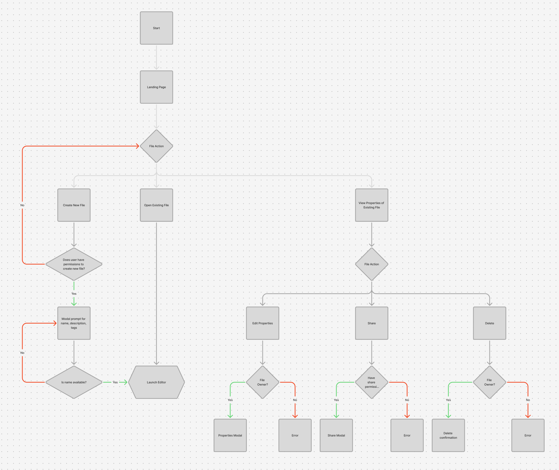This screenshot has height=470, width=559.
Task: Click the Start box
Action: [156, 28]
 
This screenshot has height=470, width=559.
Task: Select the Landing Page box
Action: [156, 87]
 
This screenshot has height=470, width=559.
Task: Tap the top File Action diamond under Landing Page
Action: [156, 146]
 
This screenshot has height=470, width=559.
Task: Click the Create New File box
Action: [74, 205]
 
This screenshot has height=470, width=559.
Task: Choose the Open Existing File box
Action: [156, 205]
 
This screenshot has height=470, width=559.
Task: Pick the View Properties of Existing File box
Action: [372, 205]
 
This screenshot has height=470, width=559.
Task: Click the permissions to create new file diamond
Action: [74, 264]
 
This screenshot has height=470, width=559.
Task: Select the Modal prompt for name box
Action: [74, 323]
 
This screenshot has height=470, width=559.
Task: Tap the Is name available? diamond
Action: [74, 382]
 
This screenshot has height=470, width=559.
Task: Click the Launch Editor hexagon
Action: [156, 382]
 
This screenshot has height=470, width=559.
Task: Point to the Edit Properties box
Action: [263, 323]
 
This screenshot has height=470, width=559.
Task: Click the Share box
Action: [372, 323]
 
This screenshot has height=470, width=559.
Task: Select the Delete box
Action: [490, 323]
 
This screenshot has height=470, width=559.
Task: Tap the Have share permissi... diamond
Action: [372, 382]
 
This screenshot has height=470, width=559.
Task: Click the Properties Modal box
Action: [230, 435]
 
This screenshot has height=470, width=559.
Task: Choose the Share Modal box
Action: [336, 435]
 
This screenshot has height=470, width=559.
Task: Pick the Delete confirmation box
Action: [448, 435]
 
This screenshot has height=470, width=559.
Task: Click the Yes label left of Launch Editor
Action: [115, 382]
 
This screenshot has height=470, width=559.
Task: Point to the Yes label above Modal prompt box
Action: [74, 294]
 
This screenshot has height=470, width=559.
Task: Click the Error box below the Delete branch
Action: [528, 435]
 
